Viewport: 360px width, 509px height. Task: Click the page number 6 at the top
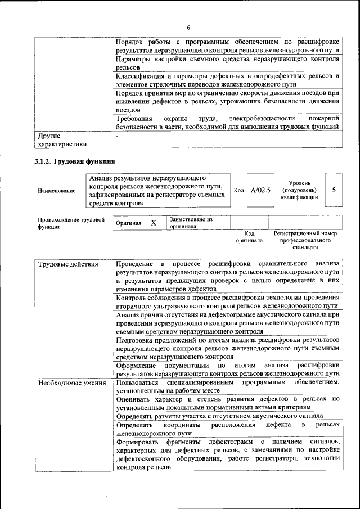188,28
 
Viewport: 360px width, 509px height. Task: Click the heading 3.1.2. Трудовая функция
71,162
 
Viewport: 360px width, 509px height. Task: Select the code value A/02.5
260,191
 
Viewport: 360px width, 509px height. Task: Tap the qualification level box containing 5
334,190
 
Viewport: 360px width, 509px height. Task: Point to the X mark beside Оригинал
153,223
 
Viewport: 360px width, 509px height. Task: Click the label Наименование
57,191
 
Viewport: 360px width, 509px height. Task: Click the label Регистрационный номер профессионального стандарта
305,240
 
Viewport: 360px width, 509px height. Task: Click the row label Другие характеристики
62,139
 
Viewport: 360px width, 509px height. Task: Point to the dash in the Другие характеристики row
117,136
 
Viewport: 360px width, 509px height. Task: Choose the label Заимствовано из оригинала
191,223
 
